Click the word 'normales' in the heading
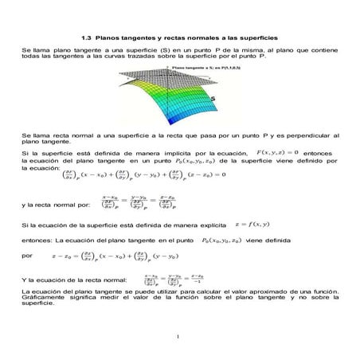click(206, 37)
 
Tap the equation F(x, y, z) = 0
click(276, 151)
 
